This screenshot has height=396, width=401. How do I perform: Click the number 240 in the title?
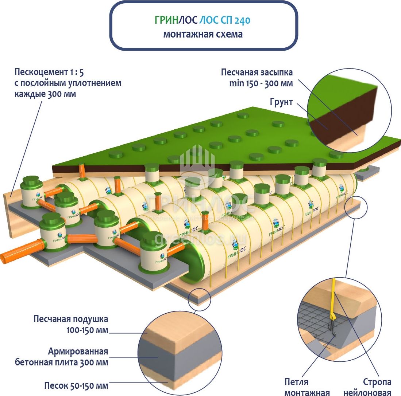pos(242,20)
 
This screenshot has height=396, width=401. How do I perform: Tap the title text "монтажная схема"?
pos(203,34)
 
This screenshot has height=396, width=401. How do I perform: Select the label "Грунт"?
pos(281,102)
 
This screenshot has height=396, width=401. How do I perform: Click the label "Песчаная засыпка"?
pos(257,72)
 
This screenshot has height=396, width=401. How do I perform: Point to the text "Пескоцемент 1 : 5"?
pos(51,71)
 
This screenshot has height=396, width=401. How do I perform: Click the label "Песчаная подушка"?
pos(71,319)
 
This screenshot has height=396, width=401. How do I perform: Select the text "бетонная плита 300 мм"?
pos(62,362)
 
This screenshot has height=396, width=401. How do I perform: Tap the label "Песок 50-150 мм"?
pos(76,385)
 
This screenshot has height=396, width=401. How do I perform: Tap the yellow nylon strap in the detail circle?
pos(333,299)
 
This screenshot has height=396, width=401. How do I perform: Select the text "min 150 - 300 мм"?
pos(261,83)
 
